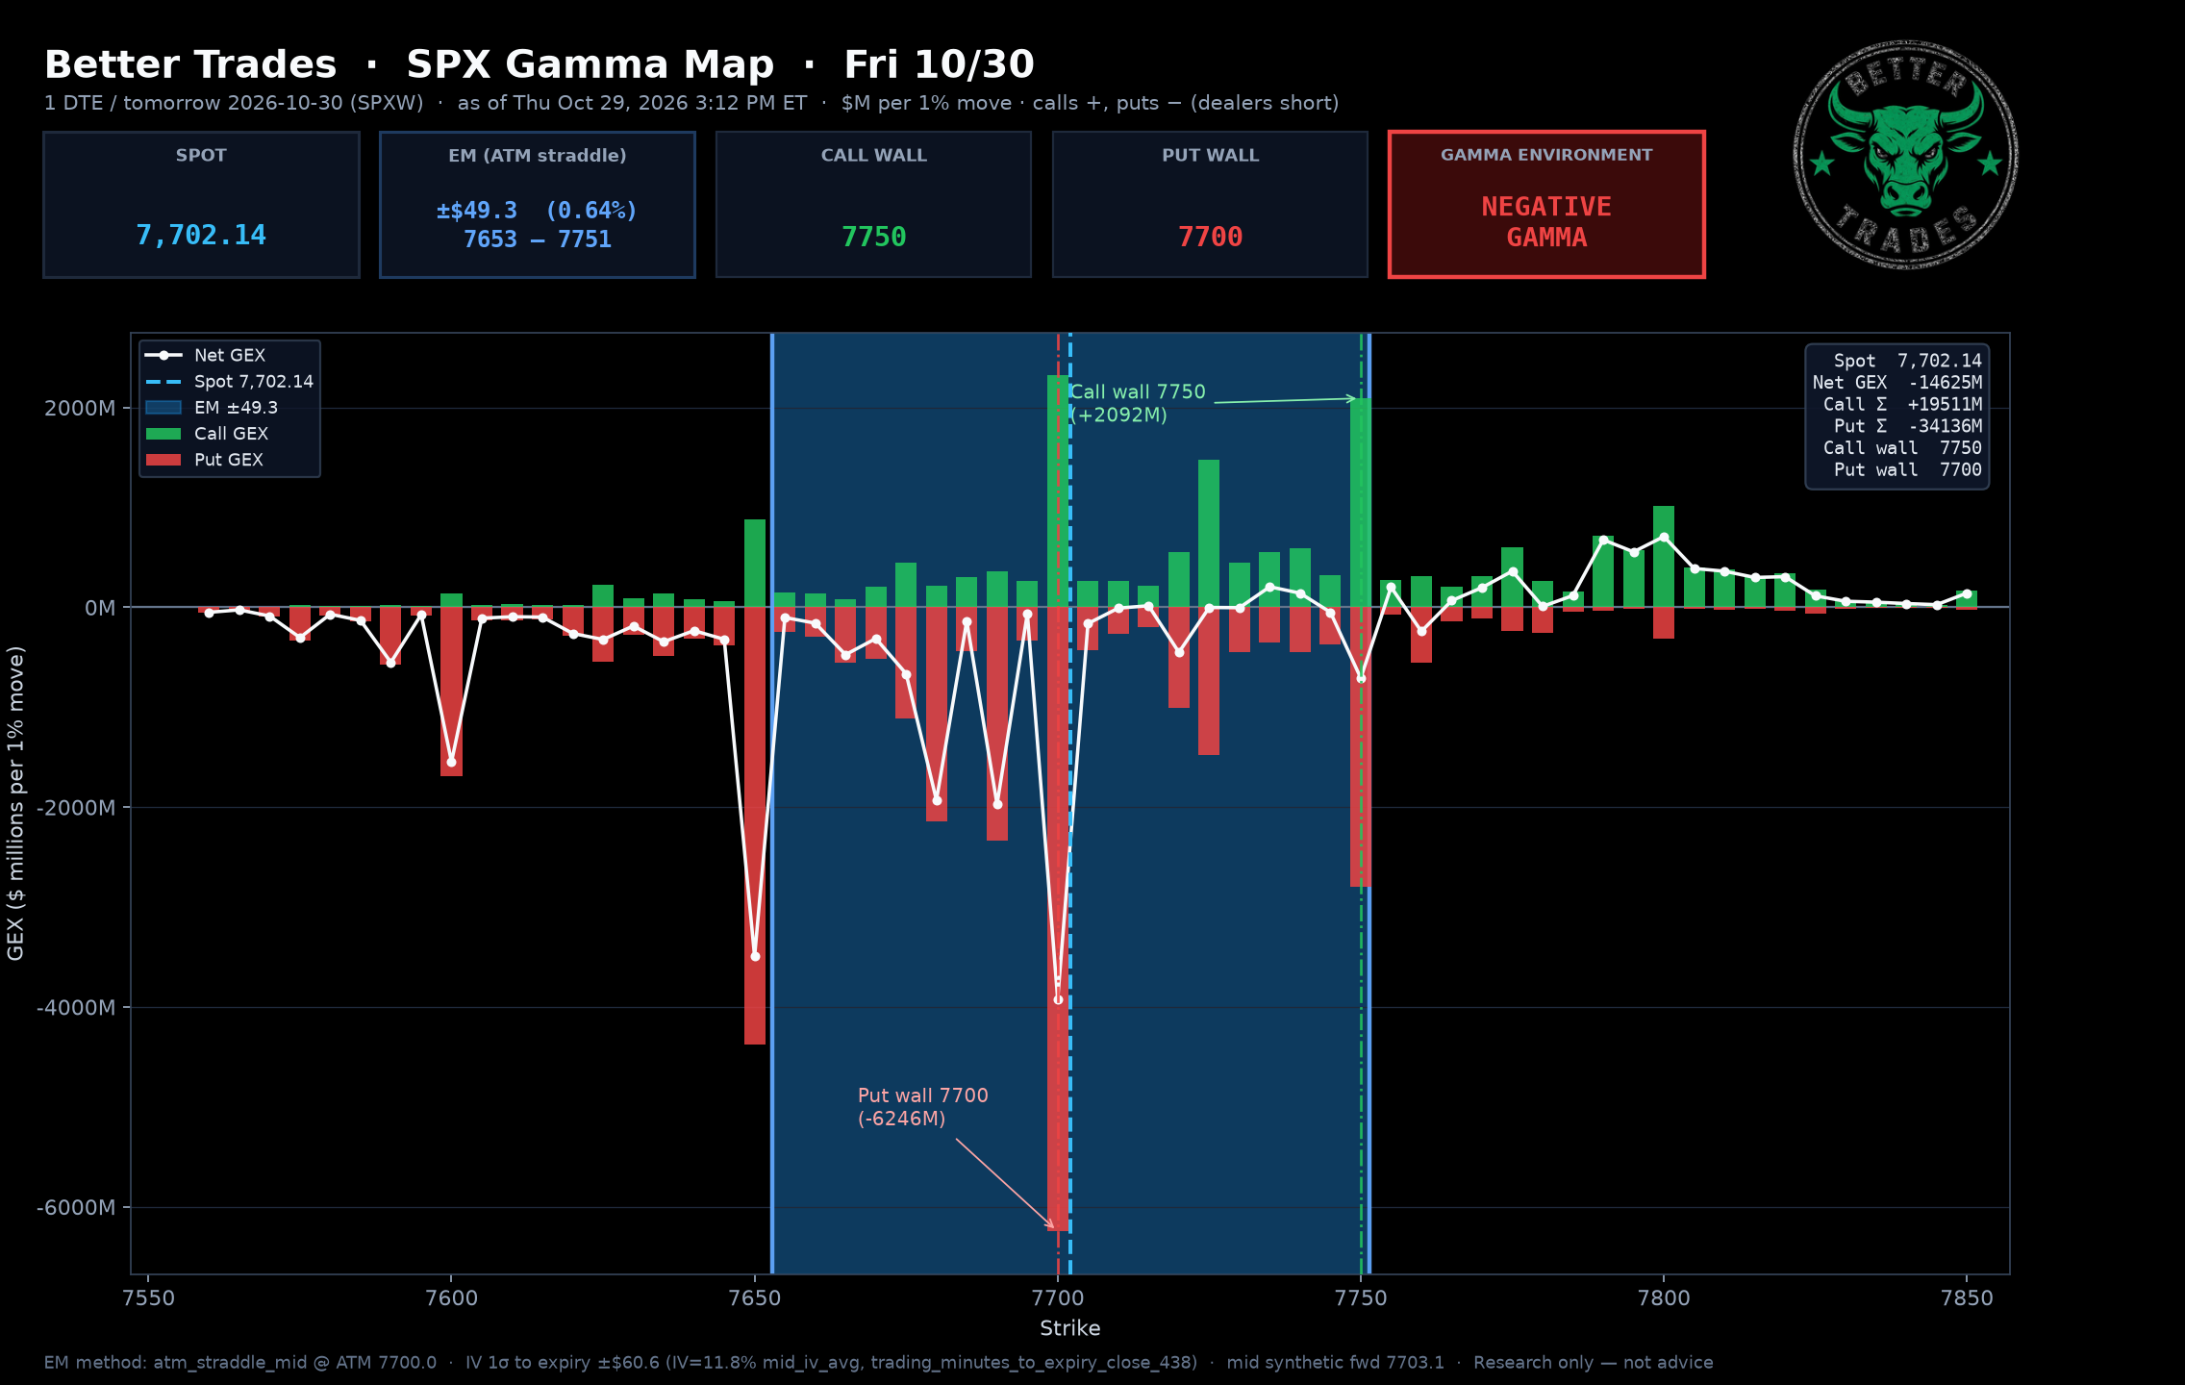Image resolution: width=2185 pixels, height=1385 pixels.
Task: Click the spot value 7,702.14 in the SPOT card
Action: (x=201, y=236)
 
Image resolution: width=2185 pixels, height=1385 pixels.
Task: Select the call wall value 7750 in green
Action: (x=873, y=237)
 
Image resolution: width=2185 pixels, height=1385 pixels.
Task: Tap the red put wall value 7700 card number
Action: (x=1210, y=237)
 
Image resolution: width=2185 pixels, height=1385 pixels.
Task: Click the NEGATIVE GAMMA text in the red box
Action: (x=1546, y=222)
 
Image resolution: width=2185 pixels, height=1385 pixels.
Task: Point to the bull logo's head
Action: (x=1905, y=154)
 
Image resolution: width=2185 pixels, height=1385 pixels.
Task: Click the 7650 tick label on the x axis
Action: (x=755, y=1297)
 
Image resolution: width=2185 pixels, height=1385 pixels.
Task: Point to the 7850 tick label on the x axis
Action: (x=1967, y=1297)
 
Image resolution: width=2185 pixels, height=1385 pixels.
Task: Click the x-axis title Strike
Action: (x=1069, y=1328)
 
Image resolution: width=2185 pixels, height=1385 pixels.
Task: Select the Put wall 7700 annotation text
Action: (x=923, y=1107)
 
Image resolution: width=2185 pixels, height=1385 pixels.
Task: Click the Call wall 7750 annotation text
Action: (x=1138, y=403)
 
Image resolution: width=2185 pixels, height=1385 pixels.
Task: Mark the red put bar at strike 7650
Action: (x=755, y=825)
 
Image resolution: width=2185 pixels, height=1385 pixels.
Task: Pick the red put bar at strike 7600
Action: (x=451, y=692)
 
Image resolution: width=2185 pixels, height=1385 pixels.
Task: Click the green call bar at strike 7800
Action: (x=1664, y=556)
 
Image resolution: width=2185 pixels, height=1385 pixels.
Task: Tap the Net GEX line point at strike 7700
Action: (x=1058, y=1000)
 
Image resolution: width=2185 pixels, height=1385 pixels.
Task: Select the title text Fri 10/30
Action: (x=939, y=64)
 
